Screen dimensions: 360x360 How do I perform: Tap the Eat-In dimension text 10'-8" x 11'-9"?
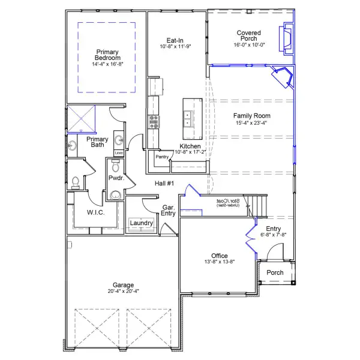tap(175, 46)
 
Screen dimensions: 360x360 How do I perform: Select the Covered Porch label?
tap(248, 36)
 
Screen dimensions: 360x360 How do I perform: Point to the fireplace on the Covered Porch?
tap(287, 40)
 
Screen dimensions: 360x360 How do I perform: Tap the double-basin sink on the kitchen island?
tap(188, 118)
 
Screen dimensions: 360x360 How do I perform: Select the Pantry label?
tap(162, 157)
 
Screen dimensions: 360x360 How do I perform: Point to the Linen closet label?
tap(118, 152)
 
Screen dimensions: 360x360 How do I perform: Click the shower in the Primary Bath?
tap(81, 118)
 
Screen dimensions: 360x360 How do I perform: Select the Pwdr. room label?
tap(116, 178)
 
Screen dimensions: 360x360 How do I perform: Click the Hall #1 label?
tap(164, 184)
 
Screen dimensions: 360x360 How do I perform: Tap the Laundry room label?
tap(142, 223)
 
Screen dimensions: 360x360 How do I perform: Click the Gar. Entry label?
tap(168, 211)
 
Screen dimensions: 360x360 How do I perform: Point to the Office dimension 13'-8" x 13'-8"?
tap(219, 262)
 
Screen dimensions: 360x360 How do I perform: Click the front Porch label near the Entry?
tap(275, 272)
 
